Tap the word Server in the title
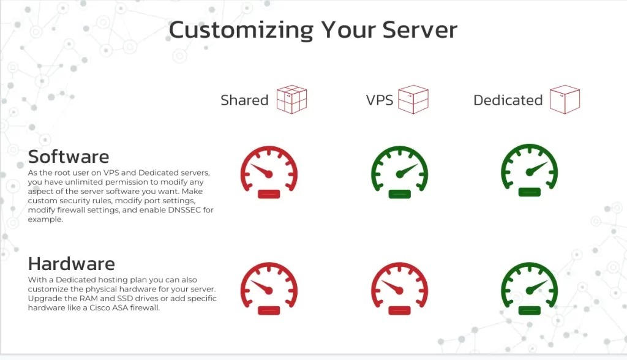click(x=421, y=29)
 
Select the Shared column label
click(x=244, y=100)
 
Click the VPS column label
click(x=380, y=100)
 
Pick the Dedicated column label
click(x=508, y=100)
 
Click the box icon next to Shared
click(x=291, y=99)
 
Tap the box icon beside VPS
click(x=413, y=99)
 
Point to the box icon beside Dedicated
click(x=564, y=99)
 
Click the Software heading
click(x=69, y=157)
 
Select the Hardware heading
click(x=72, y=264)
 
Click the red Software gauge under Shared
click(x=269, y=172)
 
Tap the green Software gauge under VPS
click(x=399, y=172)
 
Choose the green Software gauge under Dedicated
click(x=530, y=171)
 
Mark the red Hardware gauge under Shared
click(x=269, y=288)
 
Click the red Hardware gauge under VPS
click(x=399, y=288)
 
